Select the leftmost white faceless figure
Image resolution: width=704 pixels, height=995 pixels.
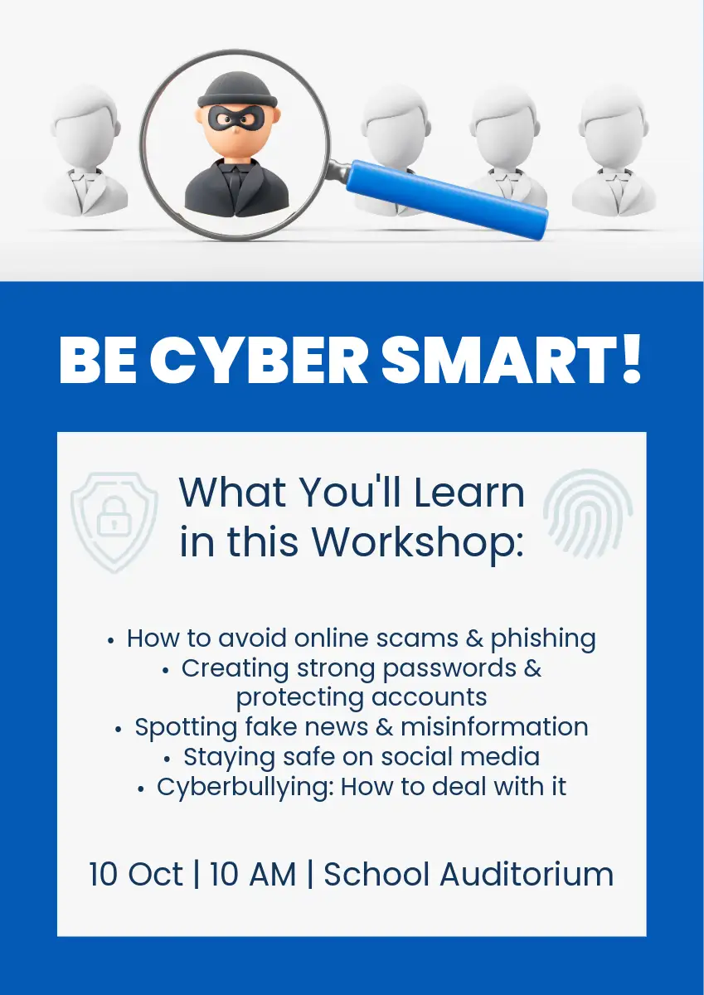[x=85, y=151]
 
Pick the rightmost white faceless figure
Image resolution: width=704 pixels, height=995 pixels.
[x=614, y=151]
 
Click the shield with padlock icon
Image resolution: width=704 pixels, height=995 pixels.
[x=114, y=522]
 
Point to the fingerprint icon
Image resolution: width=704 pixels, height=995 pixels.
[x=588, y=514]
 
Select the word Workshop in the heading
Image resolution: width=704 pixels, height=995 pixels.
[x=418, y=542]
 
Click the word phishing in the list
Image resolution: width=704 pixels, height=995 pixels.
[x=543, y=639]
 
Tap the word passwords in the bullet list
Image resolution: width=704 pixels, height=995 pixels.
[x=449, y=669]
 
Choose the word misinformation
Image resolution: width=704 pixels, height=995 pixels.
[x=495, y=726]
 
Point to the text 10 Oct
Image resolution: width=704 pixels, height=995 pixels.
[x=136, y=874]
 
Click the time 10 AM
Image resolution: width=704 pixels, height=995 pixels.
[x=253, y=874]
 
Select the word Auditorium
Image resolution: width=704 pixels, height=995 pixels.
[x=527, y=874]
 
